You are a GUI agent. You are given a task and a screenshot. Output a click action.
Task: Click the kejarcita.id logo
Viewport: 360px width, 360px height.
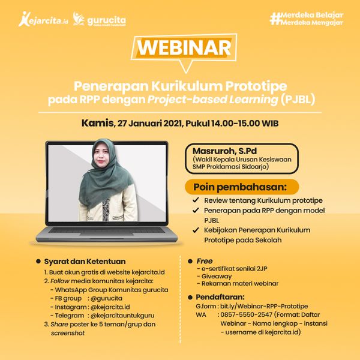click(x=43, y=19)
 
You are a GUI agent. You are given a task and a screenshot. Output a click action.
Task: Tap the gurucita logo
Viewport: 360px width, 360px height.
click(x=99, y=20)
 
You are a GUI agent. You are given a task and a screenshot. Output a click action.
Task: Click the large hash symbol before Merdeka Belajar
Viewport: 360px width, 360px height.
click(x=275, y=19)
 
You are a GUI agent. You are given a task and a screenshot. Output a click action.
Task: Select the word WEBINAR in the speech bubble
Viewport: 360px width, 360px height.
click(x=184, y=48)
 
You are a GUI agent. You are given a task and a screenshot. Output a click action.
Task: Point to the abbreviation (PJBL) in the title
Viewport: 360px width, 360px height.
click(x=298, y=100)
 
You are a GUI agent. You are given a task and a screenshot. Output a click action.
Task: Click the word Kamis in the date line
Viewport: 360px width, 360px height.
click(x=98, y=123)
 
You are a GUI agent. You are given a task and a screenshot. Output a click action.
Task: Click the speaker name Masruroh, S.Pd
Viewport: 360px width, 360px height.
click(x=224, y=151)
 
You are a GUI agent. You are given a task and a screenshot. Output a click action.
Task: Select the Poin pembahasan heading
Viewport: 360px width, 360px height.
click(x=240, y=187)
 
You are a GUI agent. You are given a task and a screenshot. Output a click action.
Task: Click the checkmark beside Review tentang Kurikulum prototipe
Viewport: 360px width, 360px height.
click(x=196, y=200)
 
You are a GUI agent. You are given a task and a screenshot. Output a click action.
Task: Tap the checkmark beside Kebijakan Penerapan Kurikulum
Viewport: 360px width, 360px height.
click(x=196, y=230)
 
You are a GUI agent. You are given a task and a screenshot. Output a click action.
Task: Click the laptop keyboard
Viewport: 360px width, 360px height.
click(x=107, y=230)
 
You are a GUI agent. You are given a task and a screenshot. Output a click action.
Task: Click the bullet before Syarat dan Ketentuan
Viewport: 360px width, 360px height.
click(x=38, y=261)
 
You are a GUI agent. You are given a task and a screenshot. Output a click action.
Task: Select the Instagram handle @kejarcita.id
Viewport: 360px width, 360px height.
click(x=110, y=307)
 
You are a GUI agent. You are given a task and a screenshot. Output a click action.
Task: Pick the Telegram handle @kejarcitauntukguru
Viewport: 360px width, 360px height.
click(x=122, y=316)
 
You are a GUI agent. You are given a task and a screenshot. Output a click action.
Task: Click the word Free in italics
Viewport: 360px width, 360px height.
click(x=205, y=261)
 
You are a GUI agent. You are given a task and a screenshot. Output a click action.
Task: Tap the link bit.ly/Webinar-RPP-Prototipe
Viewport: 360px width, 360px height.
click(x=264, y=306)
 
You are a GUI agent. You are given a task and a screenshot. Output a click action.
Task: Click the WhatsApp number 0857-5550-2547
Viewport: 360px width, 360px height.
click(x=247, y=315)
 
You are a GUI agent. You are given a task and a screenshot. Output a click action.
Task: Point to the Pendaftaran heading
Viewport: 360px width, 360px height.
click(x=220, y=297)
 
